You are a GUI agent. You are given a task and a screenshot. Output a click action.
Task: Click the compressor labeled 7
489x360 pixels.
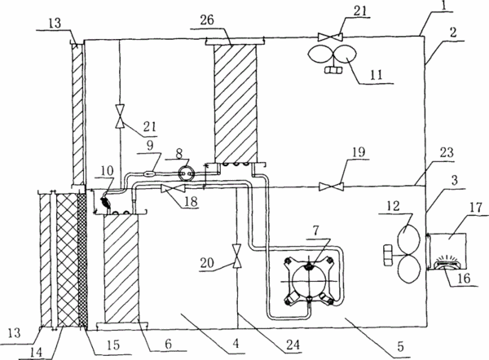tap(309, 280)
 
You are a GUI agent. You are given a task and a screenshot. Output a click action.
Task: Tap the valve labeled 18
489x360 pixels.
tap(173, 189)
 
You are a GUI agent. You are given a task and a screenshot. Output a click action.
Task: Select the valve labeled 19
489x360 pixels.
tap(331, 187)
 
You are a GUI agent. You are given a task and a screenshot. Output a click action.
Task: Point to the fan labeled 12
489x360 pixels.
tap(403, 255)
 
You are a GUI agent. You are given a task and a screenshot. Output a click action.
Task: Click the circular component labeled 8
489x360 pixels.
tap(187, 172)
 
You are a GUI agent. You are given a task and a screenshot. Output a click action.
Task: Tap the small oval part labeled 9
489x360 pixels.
tap(150, 171)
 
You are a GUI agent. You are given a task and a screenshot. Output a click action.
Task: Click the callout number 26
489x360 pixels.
tap(207, 20)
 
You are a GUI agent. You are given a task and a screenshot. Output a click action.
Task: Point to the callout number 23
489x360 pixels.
tap(447, 153)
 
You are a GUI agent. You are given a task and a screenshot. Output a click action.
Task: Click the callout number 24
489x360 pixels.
tap(293, 345)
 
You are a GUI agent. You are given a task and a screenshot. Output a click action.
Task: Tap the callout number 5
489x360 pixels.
tap(400, 346)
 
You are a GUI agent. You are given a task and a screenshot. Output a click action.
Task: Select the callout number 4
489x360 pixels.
tap(236, 343)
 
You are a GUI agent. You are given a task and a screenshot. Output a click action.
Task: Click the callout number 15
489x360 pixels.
tap(113, 345)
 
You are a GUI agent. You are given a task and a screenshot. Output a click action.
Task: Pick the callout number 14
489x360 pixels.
tap(36, 353)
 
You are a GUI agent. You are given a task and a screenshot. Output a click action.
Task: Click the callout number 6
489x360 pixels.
tap(168, 344)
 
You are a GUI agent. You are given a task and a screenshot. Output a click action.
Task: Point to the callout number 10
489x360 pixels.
tap(107, 170)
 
